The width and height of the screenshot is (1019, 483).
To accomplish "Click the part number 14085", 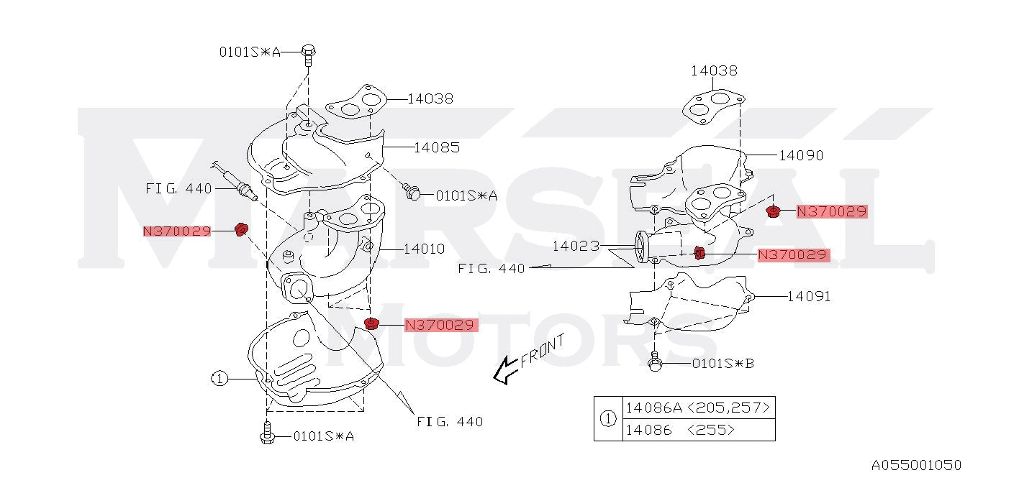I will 436,147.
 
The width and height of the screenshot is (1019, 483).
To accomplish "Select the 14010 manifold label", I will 424,249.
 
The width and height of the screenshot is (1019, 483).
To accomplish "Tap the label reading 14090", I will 800,155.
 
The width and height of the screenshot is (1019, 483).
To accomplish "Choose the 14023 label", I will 576,247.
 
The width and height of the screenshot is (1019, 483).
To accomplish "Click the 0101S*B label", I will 723,363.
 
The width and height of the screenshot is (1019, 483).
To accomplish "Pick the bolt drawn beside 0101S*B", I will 655,362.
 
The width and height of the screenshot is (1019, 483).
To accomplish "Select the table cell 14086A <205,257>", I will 698,408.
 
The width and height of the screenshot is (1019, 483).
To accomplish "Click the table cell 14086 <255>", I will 679,430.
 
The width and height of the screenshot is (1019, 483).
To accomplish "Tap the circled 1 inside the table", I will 608,418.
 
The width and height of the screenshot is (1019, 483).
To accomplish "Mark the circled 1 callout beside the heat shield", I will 219,377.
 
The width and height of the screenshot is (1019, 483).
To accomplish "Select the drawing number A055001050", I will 916,465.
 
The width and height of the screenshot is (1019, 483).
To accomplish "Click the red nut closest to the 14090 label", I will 774,211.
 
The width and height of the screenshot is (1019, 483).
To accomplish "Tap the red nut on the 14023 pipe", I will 698,252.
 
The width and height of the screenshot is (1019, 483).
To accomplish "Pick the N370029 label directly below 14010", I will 440,325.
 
